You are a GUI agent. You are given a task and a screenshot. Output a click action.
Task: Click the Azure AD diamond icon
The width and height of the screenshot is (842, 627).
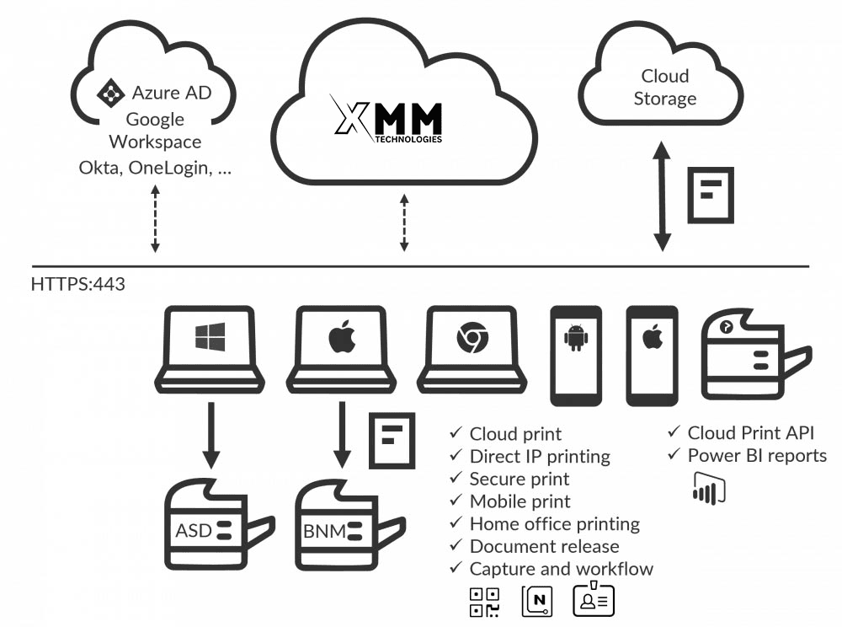tap(110, 93)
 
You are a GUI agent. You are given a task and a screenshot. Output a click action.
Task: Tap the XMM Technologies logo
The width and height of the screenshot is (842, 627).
tap(386, 120)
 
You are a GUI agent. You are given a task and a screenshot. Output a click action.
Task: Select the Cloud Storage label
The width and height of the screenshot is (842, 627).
tap(665, 87)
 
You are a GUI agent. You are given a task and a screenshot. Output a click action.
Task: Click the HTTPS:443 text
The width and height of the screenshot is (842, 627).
tap(77, 284)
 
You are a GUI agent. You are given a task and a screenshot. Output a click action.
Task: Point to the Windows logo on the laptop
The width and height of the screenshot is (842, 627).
tap(210, 337)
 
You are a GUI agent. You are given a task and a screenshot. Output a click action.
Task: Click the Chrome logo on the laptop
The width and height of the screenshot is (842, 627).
tap(472, 337)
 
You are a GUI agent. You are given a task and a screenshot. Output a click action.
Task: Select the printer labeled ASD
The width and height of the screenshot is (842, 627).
tap(219, 524)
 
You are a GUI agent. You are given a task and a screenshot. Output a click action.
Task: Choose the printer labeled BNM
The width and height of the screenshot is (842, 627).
tap(350, 524)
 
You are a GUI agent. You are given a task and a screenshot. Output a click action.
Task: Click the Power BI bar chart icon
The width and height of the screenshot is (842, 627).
tap(709, 489)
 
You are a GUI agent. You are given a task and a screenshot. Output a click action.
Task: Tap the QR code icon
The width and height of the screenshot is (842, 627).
tap(484, 602)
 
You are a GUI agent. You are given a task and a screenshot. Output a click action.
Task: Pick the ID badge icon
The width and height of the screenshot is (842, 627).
tap(594, 598)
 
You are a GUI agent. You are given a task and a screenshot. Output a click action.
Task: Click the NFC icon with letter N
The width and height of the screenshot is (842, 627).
tap(537, 601)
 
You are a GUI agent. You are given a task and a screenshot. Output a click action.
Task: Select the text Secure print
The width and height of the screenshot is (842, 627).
tap(520, 479)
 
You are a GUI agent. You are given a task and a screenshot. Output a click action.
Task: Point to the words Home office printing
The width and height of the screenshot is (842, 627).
tap(555, 524)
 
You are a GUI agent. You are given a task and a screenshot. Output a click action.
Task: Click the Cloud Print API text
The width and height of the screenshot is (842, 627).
tap(751, 432)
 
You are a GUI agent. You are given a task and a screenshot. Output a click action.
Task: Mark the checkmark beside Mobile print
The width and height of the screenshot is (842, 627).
tap(456, 501)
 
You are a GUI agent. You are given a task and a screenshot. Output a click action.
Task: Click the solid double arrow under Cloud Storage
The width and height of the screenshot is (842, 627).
tap(662, 196)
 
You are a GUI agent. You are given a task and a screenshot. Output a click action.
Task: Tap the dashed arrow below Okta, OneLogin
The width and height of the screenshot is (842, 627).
tap(155, 218)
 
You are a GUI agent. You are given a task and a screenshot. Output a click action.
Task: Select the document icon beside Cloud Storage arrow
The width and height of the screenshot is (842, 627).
tap(711, 195)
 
